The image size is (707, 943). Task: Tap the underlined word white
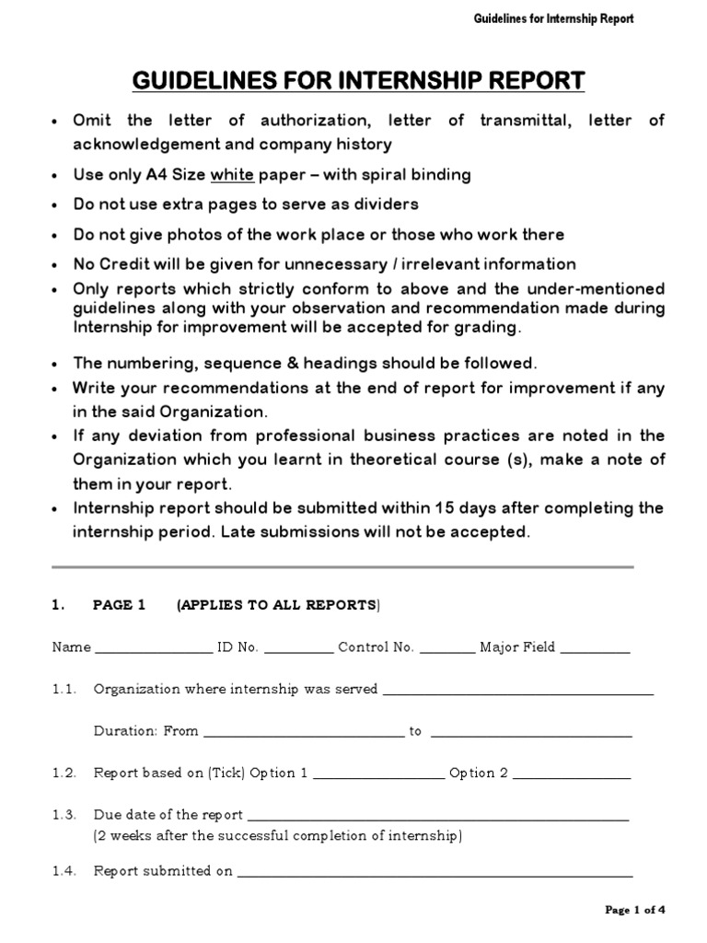click(x=232, y=174)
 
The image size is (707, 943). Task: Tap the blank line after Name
click(x=153, y=651)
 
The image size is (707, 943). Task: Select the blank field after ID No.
click(x=298, y=651)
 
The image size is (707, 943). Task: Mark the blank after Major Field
click(x=595, y=651)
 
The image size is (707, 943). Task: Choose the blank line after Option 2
click(x=571, y=777)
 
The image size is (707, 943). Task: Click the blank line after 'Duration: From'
click(x=303, y=736)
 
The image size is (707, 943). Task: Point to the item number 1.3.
click(x=64, y=815)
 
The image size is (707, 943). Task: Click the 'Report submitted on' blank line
click(x=435, y=875)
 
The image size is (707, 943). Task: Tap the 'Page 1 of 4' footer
click(x=634, y=911)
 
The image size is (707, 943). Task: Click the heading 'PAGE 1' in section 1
click(x=120, y=605)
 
